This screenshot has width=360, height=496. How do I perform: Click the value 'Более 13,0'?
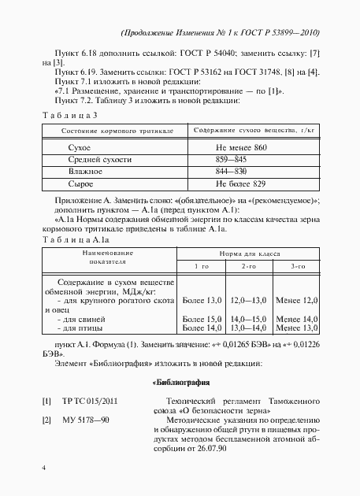coord(202,301)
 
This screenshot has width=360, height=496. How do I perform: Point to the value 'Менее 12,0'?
coord(298,301)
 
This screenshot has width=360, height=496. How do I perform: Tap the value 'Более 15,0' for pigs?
coord(202,318)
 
